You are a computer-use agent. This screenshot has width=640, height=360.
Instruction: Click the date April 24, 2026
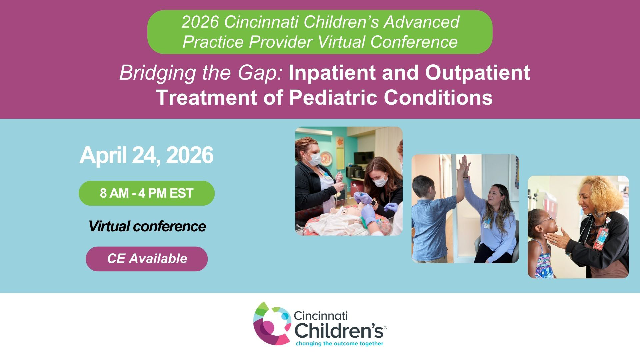tap(146, 155)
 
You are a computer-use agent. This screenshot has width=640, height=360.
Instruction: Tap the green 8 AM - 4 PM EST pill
tap(147, 193)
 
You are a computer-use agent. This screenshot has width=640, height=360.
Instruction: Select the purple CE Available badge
tap(147, 259)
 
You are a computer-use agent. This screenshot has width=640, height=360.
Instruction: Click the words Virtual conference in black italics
tap(147, 226)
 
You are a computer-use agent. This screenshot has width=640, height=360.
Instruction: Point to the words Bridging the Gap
tap(201, 73)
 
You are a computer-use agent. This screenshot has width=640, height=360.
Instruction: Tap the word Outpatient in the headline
tap(477, 73)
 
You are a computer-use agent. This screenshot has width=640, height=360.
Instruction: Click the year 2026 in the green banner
tap(200, 22)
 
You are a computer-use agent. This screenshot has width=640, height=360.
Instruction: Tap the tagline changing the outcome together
tap(339, 344)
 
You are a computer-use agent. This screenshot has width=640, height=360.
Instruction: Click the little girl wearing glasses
tap(542, 243)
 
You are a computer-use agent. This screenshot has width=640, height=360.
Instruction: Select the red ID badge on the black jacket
tap(600, 238)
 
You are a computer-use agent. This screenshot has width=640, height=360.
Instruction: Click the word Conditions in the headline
tap(438, 98)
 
